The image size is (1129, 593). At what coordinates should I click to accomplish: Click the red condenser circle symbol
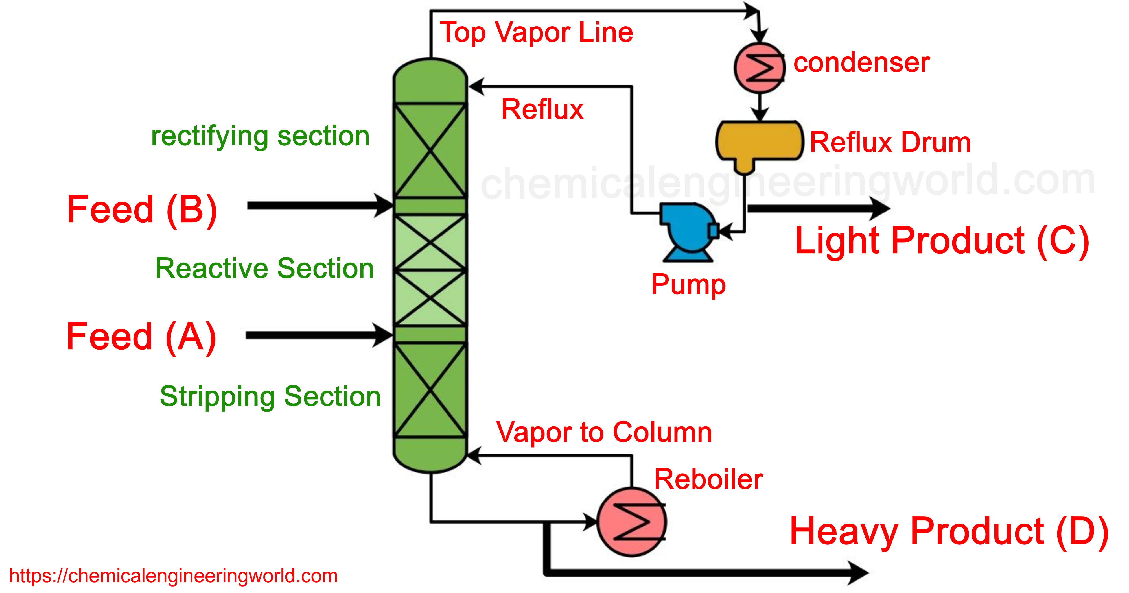760,68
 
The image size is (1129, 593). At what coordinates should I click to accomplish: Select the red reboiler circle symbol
632,522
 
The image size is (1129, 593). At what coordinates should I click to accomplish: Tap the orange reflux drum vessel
759,141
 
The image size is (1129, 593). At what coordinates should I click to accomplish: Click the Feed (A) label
141,336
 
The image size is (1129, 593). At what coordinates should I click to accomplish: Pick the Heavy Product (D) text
949,532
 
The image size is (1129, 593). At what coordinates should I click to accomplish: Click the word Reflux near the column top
542,109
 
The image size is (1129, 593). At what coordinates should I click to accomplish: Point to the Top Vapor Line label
537,32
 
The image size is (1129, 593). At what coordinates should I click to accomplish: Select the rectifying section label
260,136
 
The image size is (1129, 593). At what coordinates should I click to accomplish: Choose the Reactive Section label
264,269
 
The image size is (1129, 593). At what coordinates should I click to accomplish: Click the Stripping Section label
270,396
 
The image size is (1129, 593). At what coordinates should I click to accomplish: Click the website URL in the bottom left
174,576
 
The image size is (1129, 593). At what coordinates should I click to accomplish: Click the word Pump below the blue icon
688,284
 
